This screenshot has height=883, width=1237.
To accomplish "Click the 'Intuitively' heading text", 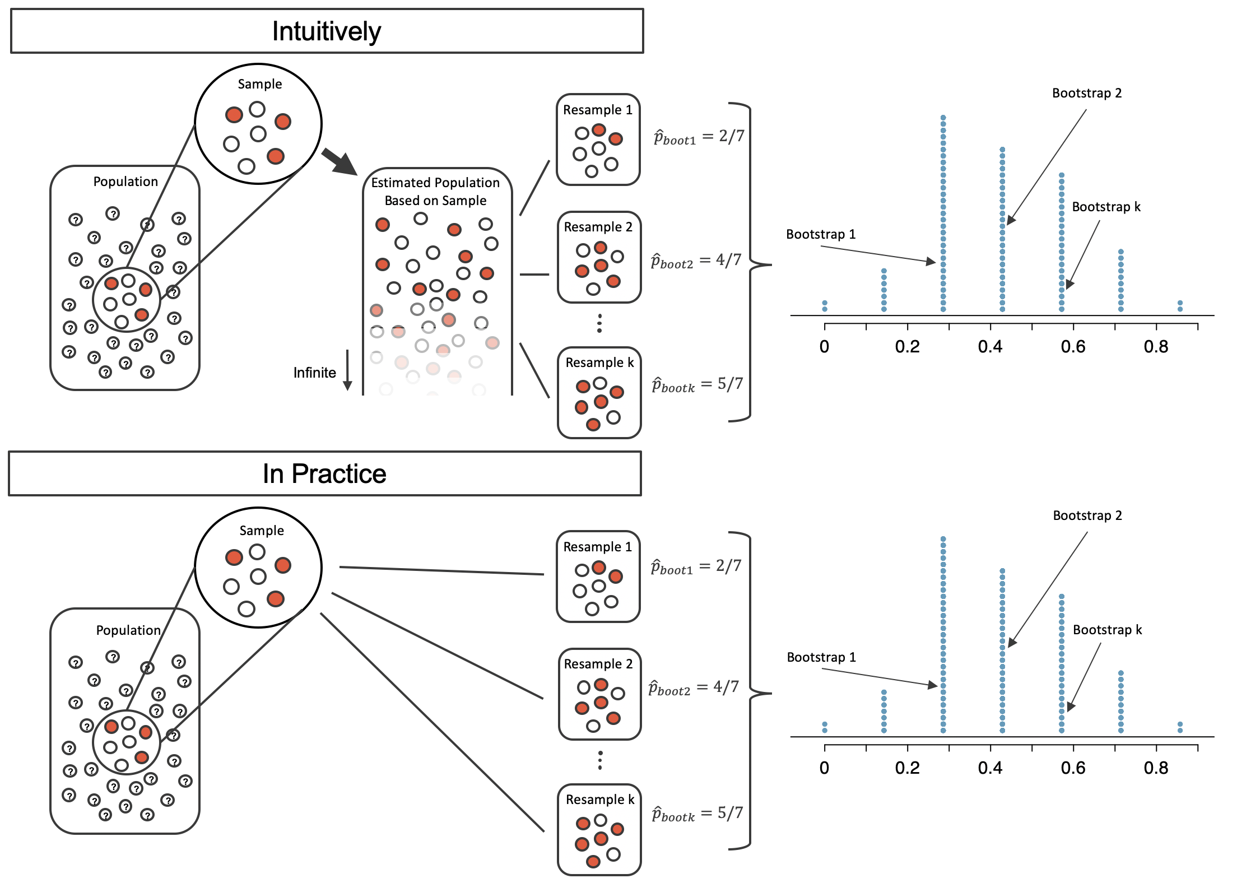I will tap(327, 31).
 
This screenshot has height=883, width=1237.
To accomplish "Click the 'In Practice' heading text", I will tap(324, 474).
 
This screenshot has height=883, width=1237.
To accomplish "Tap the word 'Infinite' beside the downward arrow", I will tap(314, 373).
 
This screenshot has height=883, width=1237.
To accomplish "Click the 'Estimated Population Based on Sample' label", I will tap(435, 191).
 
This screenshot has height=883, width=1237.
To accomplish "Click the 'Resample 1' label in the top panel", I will tap(598, 110).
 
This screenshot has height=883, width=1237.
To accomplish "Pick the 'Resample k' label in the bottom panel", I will tap(600, 800).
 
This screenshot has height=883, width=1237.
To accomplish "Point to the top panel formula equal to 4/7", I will tap(696, 261).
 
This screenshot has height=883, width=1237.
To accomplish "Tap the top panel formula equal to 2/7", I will tap(699, 137).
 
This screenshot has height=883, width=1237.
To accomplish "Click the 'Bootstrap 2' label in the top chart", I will tap(1087, 93).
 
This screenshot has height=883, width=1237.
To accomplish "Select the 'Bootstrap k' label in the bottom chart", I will tap(1107, 630).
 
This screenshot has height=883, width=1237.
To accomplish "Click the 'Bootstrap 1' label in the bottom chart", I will tap(821, 657).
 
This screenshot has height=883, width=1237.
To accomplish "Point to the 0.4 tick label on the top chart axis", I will tap(990, 347).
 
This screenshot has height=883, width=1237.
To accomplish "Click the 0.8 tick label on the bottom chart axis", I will tap(1156, 768).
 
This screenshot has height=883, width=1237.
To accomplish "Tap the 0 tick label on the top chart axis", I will tap(824, 347).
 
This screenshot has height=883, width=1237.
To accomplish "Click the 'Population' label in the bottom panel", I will tap(128, 630).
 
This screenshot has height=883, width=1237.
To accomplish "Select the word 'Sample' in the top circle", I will tap(260, 84).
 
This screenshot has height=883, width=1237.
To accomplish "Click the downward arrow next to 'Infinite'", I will tap(347, 370).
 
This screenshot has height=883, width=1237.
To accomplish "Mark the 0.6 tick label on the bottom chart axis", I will tap(1073, 768).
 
